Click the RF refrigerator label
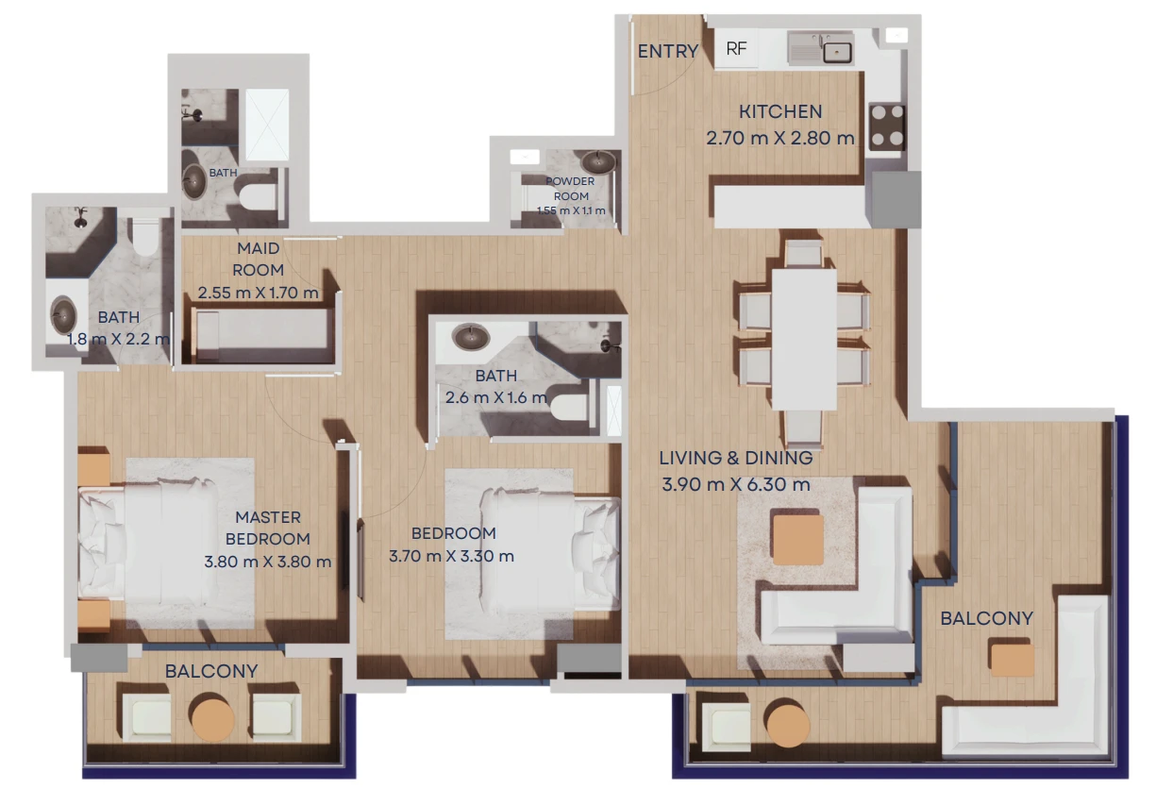(736, 48)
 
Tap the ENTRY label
(668, 51)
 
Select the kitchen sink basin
(837, 52)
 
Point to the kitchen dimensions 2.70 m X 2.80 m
(779, 139)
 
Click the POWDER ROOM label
(570, 189)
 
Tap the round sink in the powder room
(598, 162)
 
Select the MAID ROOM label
(258, 259)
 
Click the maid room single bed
(263, 334)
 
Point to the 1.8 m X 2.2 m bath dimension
(118, 339)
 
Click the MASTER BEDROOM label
(268, 528)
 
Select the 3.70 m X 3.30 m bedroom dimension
(451, 556)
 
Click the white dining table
(804, 340)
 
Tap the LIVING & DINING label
(736, 458)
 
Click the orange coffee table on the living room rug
(797, 540)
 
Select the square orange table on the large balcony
(1012, 659)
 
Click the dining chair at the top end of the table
(803, 253)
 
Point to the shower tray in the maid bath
(267, 125)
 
